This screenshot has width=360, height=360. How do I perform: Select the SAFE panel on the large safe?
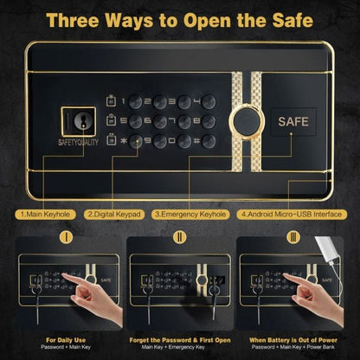click(x=292, y=123)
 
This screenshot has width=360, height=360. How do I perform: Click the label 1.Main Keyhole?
click(x=50, y=211)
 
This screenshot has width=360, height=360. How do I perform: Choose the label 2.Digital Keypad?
click(x=116, y=211)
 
